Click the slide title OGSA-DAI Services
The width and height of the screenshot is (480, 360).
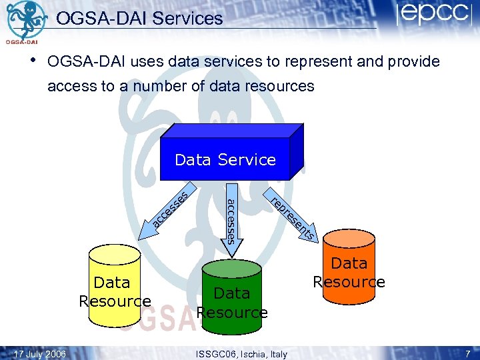coord(139,19)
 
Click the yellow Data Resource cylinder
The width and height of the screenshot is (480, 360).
coord(114,287)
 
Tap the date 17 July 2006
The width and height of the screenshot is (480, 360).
coord(40,354)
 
